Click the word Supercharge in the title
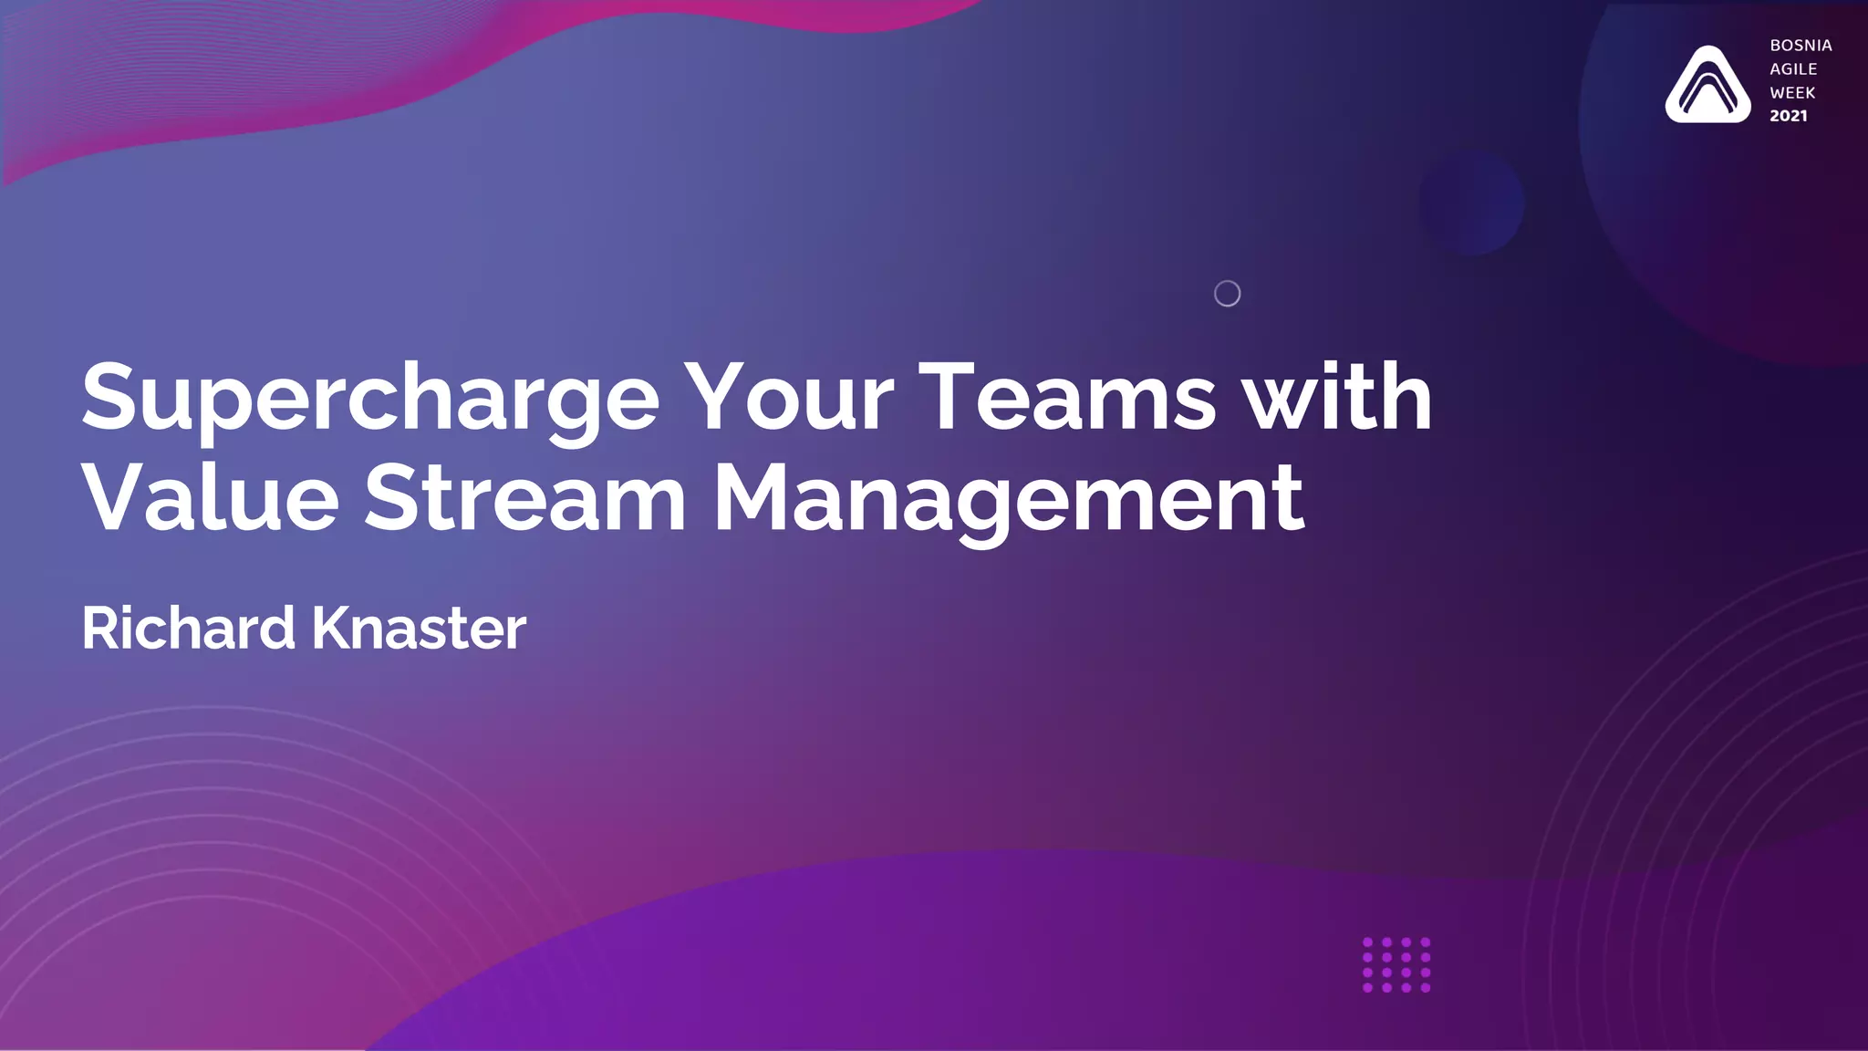[369, 399]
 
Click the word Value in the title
[211, 498]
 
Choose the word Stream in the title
[524, 498]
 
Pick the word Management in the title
[1008, 500]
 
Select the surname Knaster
[419, 629]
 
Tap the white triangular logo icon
[1707, 86]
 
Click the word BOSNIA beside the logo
[1801, 46]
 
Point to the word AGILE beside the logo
[1793, 69]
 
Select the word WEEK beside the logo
[1792, 93]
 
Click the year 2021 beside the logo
[1788, 116]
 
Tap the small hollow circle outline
[1227, 294]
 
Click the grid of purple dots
[1396, 964]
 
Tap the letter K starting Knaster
[333, 629]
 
